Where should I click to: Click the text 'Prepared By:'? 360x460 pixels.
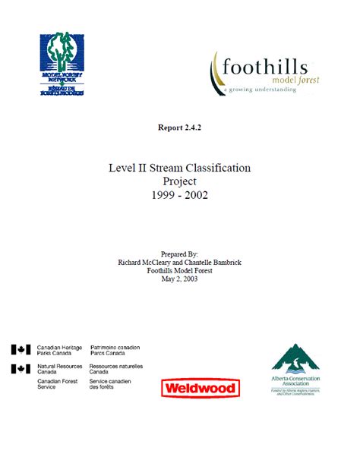coord(179,254)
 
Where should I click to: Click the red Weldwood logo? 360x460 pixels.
coord(200,389)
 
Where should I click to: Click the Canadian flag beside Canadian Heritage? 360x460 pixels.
coord(21,350)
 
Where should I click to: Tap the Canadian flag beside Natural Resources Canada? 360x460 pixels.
coord(21,369)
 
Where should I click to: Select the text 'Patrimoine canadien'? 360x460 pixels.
coord(115,347)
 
